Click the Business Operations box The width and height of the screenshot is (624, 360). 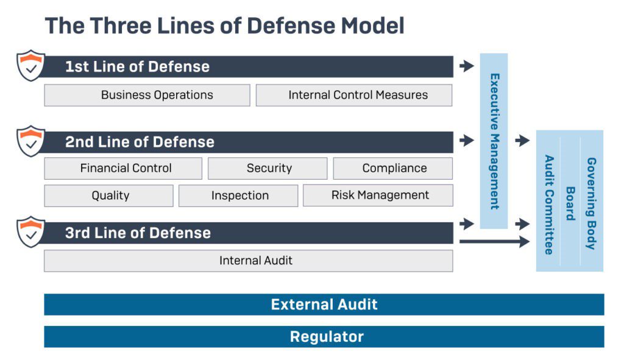pos(147,95)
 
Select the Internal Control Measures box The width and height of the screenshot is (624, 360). pos(354,95)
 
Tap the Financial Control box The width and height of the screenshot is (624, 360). pos(123,168)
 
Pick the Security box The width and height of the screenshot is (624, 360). pos(268,168)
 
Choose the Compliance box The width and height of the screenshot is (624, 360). pos(393,168)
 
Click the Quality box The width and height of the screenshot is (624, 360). pos(108,196)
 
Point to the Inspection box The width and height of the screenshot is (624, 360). pos(238,196)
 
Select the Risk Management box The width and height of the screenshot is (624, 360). pos(378,196)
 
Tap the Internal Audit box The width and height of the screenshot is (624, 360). pos(249,261)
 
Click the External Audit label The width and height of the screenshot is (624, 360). pos(324,305)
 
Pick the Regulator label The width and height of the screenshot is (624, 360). pos(327,337)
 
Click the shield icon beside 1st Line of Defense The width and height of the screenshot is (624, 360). pos(30,65)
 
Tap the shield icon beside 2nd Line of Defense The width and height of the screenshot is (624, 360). pos(30,141)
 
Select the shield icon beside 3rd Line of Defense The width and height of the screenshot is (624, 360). pos(30,232)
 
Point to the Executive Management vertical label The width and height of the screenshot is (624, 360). pos(494,141)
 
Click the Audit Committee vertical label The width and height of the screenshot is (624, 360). pos(549,205)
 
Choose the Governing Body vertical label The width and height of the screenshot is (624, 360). pos(592,203)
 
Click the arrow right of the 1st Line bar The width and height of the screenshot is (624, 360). pos(467,66)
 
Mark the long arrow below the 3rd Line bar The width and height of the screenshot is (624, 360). pos(495,241)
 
